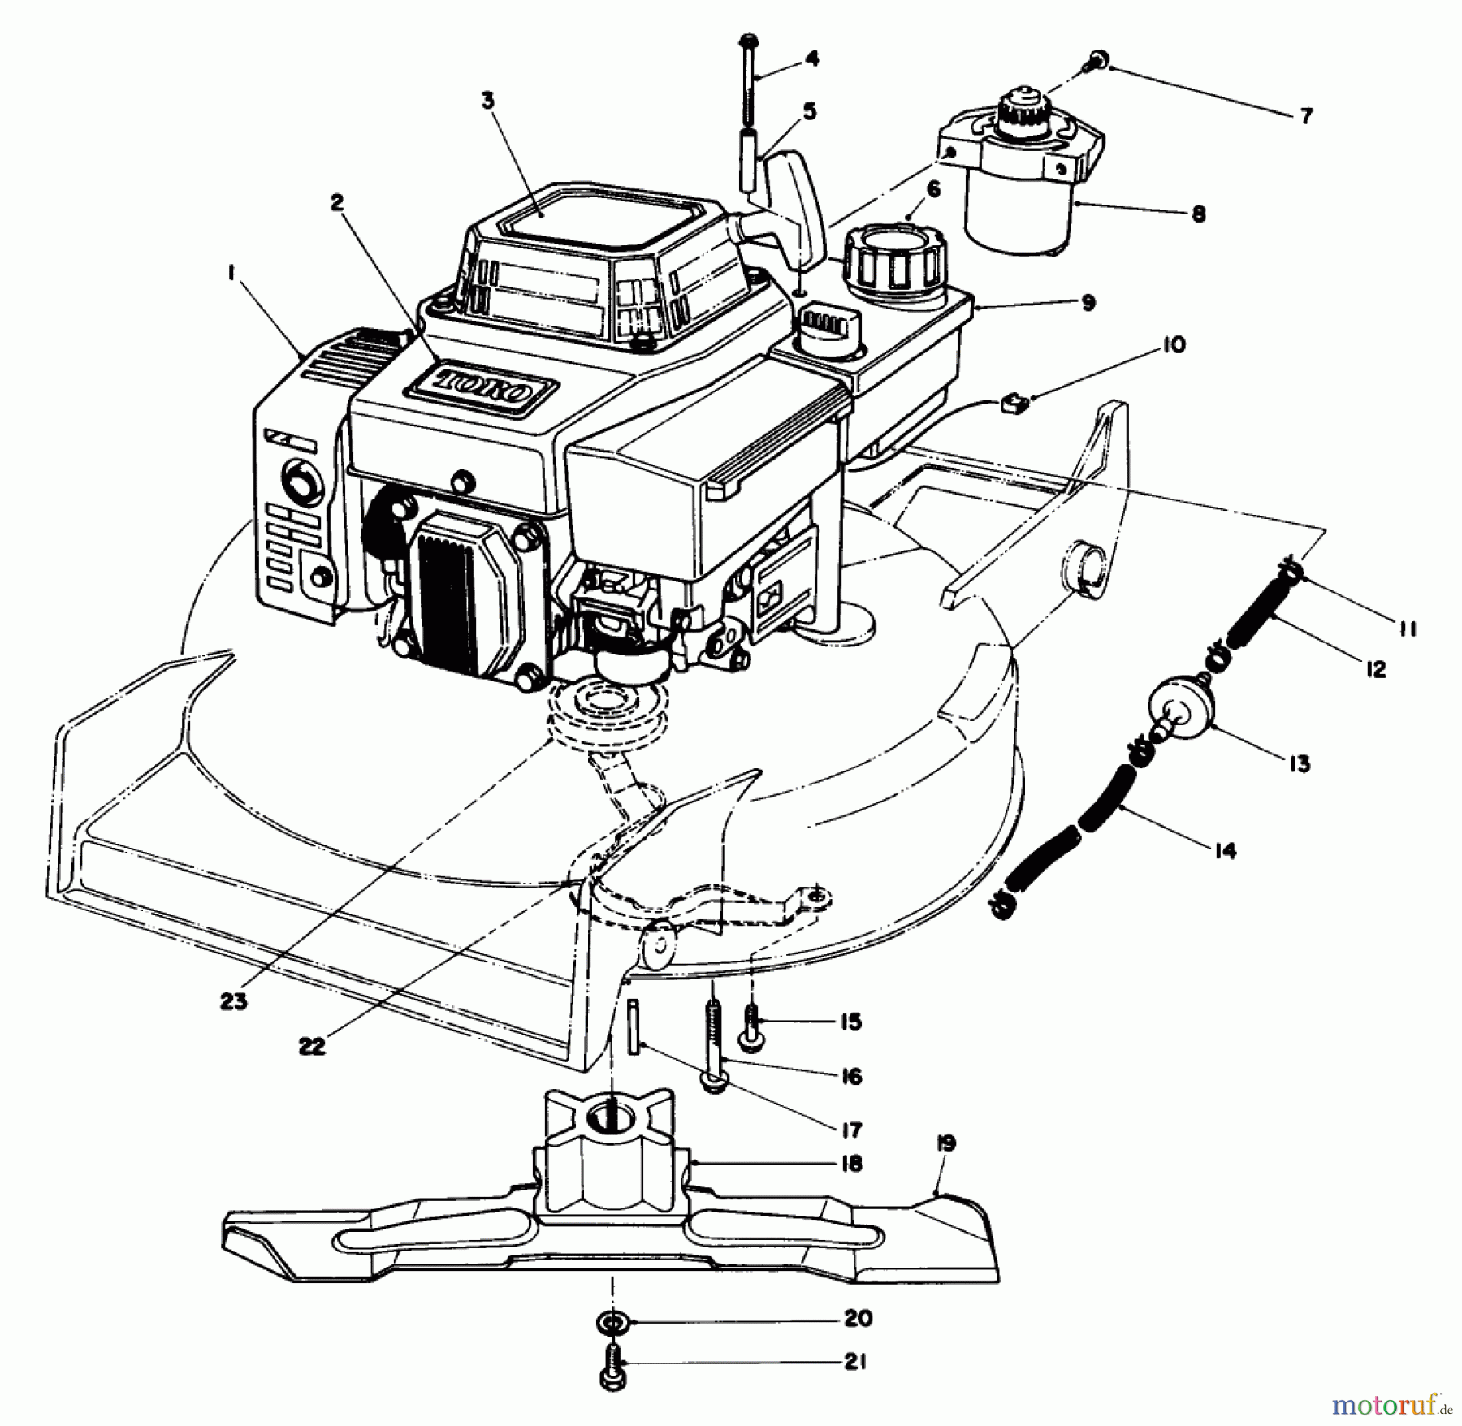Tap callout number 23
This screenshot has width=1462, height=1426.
point(233,1002)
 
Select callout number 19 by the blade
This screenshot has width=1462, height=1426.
point(945,1144)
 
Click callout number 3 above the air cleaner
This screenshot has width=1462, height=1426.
point(487,102)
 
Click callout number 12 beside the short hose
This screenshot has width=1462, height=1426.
point(1375,669)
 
